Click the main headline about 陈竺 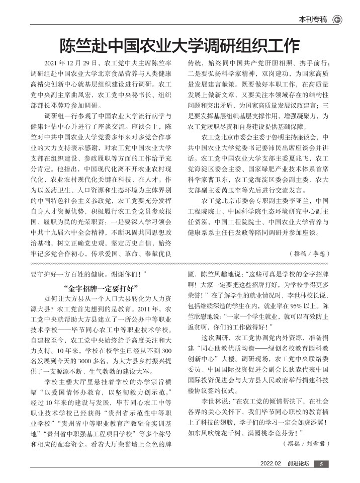pos(179,46)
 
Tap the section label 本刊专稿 pos(313,20)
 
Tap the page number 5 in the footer pos(322,464)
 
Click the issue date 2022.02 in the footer pos(270,464)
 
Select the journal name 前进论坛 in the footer pos(297,464)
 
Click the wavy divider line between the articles pos(179,263)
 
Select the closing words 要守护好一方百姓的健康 pos(73,275)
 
